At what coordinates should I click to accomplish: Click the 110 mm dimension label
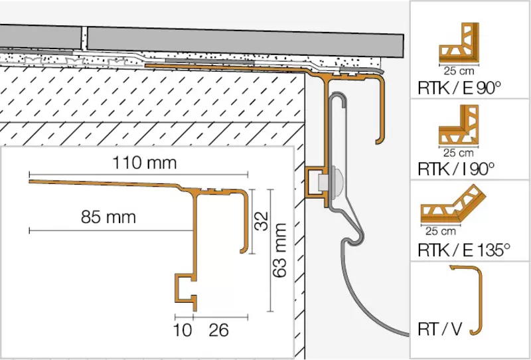tap(144, 163)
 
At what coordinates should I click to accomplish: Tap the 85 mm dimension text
tap(108, 217)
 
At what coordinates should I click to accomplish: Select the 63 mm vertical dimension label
tap(279, 250)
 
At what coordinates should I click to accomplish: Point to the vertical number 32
tap(261, 221)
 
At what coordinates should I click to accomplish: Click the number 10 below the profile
tap(182, 330)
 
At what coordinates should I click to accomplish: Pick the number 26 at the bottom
tap(218, 330)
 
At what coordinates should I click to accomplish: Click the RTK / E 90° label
tap(459, 88)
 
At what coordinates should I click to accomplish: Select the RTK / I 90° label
tap(456, 169)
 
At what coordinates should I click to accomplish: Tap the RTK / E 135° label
tap(464, 250)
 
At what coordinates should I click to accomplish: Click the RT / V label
tap(440, 329)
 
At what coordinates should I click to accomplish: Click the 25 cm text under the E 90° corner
tap(459, 71)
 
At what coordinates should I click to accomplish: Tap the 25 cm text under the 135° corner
tap(441, 231)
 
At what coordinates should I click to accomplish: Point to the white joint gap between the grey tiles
tap(84, 39)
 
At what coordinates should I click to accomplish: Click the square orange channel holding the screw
tap(317, 182)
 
